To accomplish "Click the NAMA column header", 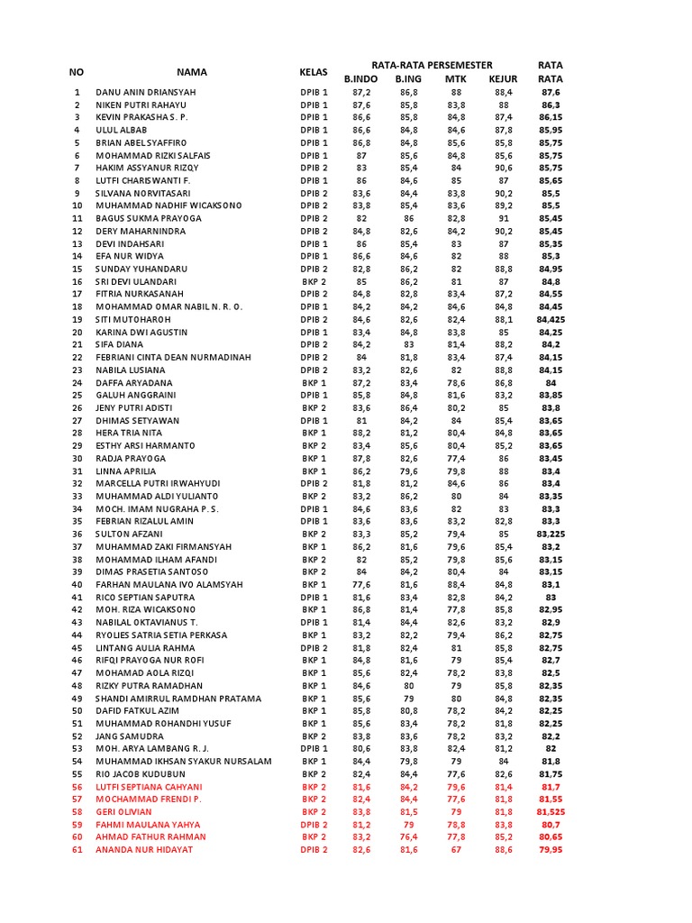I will [191, 71].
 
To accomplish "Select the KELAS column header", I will [314, 71].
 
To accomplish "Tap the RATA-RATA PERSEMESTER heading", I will [432, 65].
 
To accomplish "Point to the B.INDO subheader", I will [360, 79].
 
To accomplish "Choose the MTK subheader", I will [456, 79].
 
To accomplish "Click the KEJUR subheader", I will [503, 79].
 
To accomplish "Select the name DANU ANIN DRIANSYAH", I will [145, 92].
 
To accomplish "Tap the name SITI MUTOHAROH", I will [134, 319].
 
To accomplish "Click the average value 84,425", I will [551, 319].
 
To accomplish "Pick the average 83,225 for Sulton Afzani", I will [551, 534].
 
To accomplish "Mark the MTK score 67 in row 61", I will [456, 849].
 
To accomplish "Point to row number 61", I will [77, 849].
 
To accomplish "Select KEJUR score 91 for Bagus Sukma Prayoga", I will [503, 218].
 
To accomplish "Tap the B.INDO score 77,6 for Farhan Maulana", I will [360, 584].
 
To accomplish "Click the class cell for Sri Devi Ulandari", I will [314, 281].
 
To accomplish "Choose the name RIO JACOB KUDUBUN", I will [140, 773].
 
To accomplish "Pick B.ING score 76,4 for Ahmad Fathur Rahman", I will [408, 836].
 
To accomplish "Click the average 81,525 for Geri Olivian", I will [551, 811].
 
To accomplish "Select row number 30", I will [77, 458].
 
